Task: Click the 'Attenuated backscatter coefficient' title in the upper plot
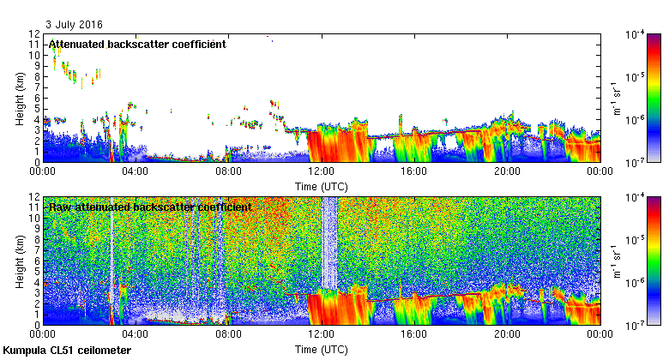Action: click(x=137, y=44)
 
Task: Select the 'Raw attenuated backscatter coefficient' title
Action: click(x=150, y=207)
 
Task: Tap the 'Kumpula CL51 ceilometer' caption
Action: click(x=68, y=351)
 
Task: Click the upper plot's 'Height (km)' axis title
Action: click(x=19, y=98)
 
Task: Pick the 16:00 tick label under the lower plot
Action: click(x=414, y=334)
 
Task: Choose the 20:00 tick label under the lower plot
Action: click(x=507, y=334)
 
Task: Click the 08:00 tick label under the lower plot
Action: click(x=228, y=334)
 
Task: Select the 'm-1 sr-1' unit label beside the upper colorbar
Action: click(x=617, y=97)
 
